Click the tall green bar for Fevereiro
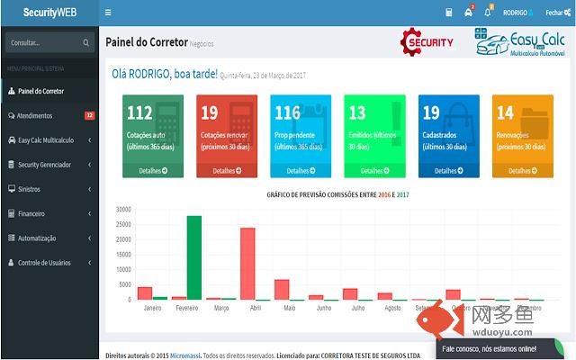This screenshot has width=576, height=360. click(193, 257)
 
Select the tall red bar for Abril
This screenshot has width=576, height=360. click(247, 264)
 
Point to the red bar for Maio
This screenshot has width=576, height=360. click(282, 289)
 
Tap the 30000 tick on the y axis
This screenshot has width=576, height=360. click(124, 210)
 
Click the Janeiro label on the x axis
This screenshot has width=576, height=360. click(152, 308)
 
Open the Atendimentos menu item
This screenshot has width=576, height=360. click(36, 116)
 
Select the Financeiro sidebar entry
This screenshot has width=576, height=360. click(31, 213)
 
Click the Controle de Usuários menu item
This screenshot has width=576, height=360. click(44, 263)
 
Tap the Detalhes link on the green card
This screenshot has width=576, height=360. click(153, 170)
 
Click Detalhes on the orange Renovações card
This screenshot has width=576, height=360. click(523, 170)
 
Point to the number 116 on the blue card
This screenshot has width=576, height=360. click(287, 113)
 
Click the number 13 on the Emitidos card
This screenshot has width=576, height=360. click(357, 113)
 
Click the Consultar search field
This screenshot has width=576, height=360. click(42, 42)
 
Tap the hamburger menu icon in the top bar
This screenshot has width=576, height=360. click(109, 13)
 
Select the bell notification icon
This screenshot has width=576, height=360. click(488, 13)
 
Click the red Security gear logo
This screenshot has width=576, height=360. click(427, 42)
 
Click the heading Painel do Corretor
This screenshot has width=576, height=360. click(147, 42)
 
